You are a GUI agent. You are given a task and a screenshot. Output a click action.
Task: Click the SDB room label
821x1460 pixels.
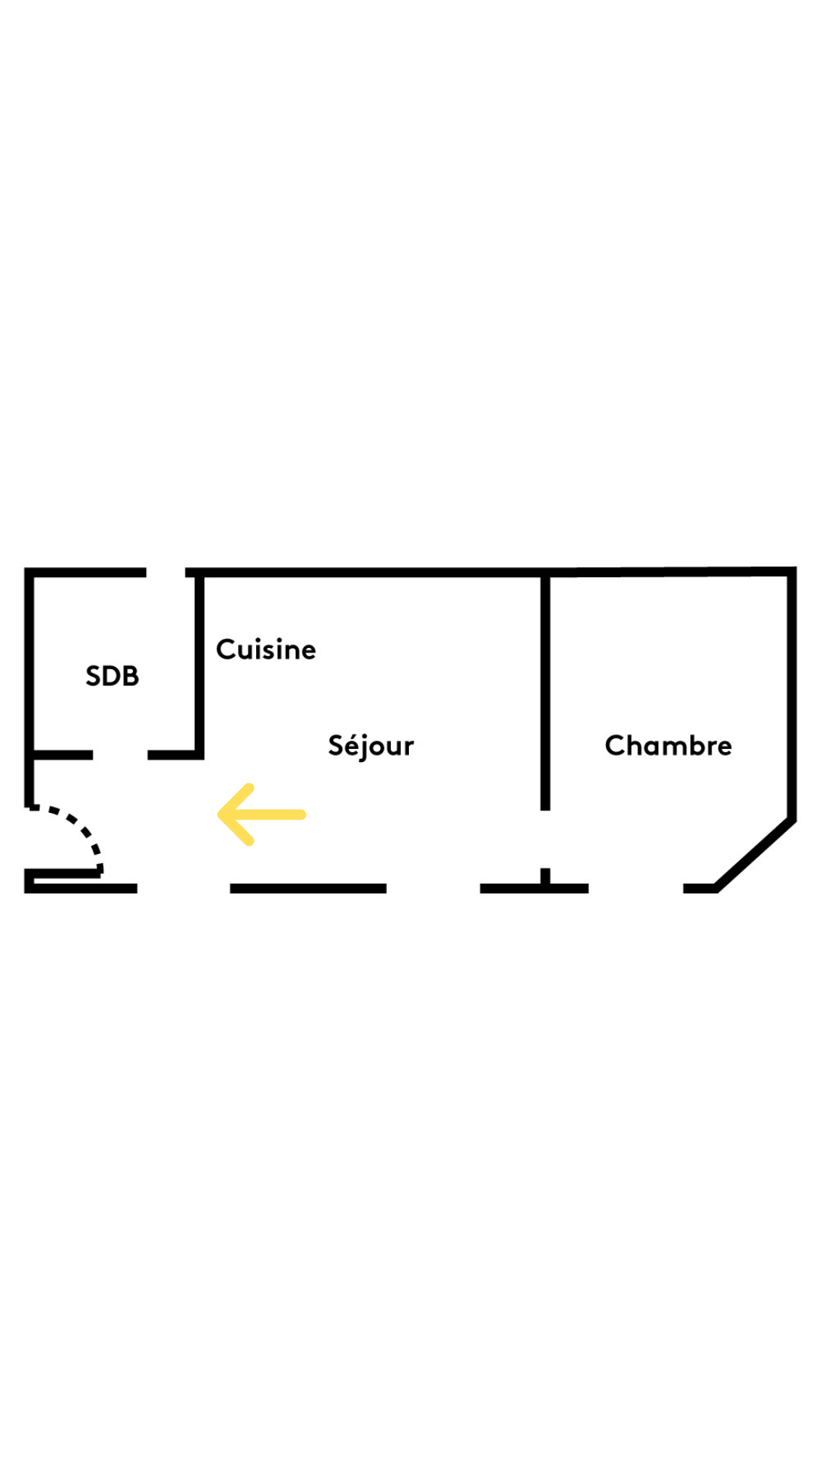pos(113,676)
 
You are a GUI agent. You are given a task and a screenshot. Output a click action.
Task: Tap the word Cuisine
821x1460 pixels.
pos(266,649)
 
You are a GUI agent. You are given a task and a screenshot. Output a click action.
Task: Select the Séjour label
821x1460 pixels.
pos(371,746)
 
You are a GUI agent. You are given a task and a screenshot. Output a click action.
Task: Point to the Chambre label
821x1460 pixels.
pos(668,745)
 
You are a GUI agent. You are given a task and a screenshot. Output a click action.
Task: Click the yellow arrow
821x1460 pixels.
pos(262,814)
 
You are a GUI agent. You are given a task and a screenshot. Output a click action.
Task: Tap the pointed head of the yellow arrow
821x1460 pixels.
pos(219,814)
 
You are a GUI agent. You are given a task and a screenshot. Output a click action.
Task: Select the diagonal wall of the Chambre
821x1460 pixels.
pos(755,853)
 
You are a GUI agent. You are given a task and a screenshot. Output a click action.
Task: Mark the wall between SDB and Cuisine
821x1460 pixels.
pos(200,665)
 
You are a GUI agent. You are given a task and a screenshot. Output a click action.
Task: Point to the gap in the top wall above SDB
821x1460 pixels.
pos(166,572)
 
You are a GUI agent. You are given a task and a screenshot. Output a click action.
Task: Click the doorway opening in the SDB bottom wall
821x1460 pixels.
pos(120,755)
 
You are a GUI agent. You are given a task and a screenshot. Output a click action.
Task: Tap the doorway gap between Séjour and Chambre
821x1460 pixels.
pos(545,839)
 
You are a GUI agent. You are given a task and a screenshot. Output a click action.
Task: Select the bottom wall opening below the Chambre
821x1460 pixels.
pos(636,888)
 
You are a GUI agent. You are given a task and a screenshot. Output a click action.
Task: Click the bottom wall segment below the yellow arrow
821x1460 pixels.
pos(308,888)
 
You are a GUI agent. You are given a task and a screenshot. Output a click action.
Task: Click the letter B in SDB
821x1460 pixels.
pos(131,676)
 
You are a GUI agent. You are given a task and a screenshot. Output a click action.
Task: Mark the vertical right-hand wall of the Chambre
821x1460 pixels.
pos(792,693)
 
